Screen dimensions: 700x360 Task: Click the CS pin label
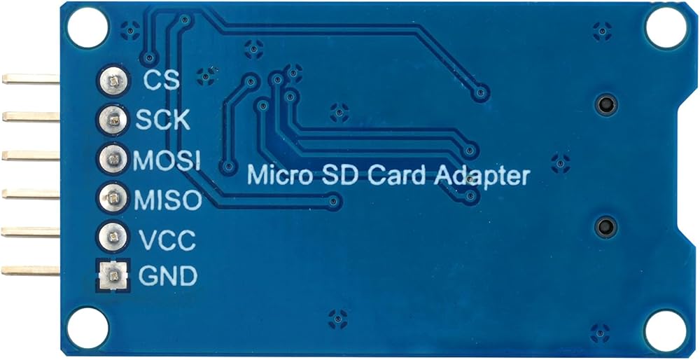point(161,80)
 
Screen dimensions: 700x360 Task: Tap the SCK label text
point(162,120)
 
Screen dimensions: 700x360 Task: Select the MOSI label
point(167,160)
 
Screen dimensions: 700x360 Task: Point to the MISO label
point(168,200)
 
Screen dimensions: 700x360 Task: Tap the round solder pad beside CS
point(113,82)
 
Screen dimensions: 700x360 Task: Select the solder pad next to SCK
point(113,120)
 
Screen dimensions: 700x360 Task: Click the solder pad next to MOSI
point(113,159)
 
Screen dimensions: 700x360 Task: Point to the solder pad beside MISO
point(113,198)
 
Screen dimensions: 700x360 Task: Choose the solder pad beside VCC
point(113,236)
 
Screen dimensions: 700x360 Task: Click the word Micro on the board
point(276,174)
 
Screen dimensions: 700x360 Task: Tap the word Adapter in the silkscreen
point(482,175)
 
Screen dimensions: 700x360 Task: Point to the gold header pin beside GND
point(31,270)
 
